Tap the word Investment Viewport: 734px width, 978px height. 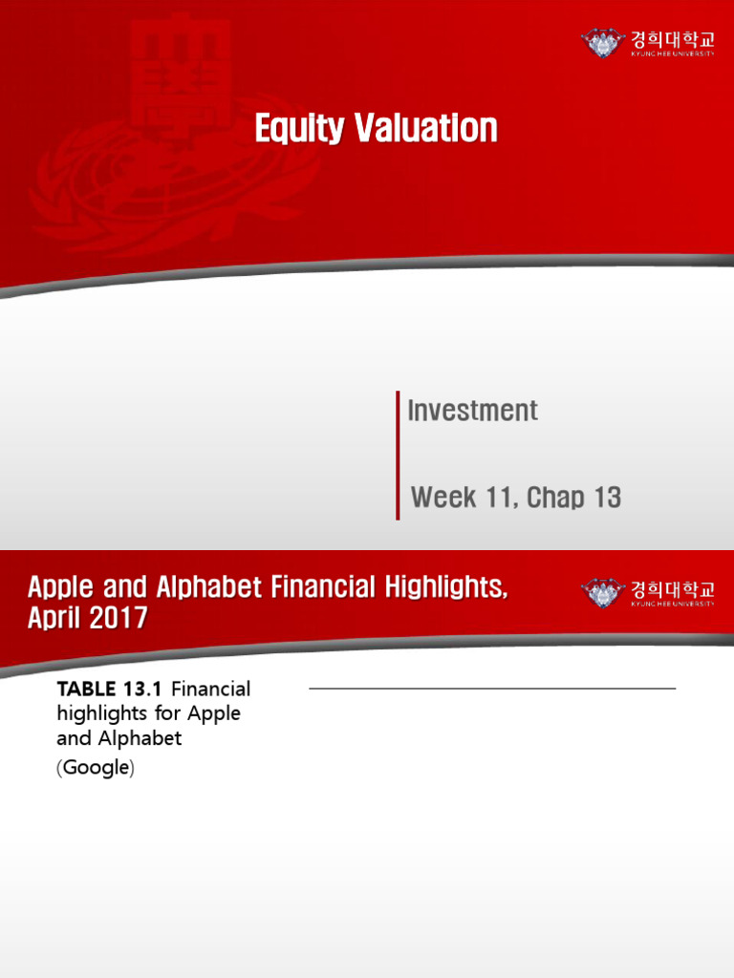pyautogui.click(x=472, y=411)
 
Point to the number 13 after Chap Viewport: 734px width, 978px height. pyautogui.click(x=607, y=497)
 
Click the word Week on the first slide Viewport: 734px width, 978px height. pyautogui.click(x=444, y=497)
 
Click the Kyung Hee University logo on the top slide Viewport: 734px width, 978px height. pyautogui.click(x=647, y=43)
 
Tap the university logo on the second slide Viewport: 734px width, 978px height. pyautogui.click(x=647, y=593)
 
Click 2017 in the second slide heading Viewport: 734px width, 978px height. pyautogui.click(x=119, y=618)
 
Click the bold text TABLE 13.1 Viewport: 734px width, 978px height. pyautogui.click(x=112, y=689)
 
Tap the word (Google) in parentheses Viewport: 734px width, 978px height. pyautogui.click(x=95, y=768)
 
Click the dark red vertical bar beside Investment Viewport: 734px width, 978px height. pyautogui.click(x=398, y=455)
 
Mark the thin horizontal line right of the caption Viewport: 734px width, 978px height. pyautogui.click(x=492, y=688)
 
